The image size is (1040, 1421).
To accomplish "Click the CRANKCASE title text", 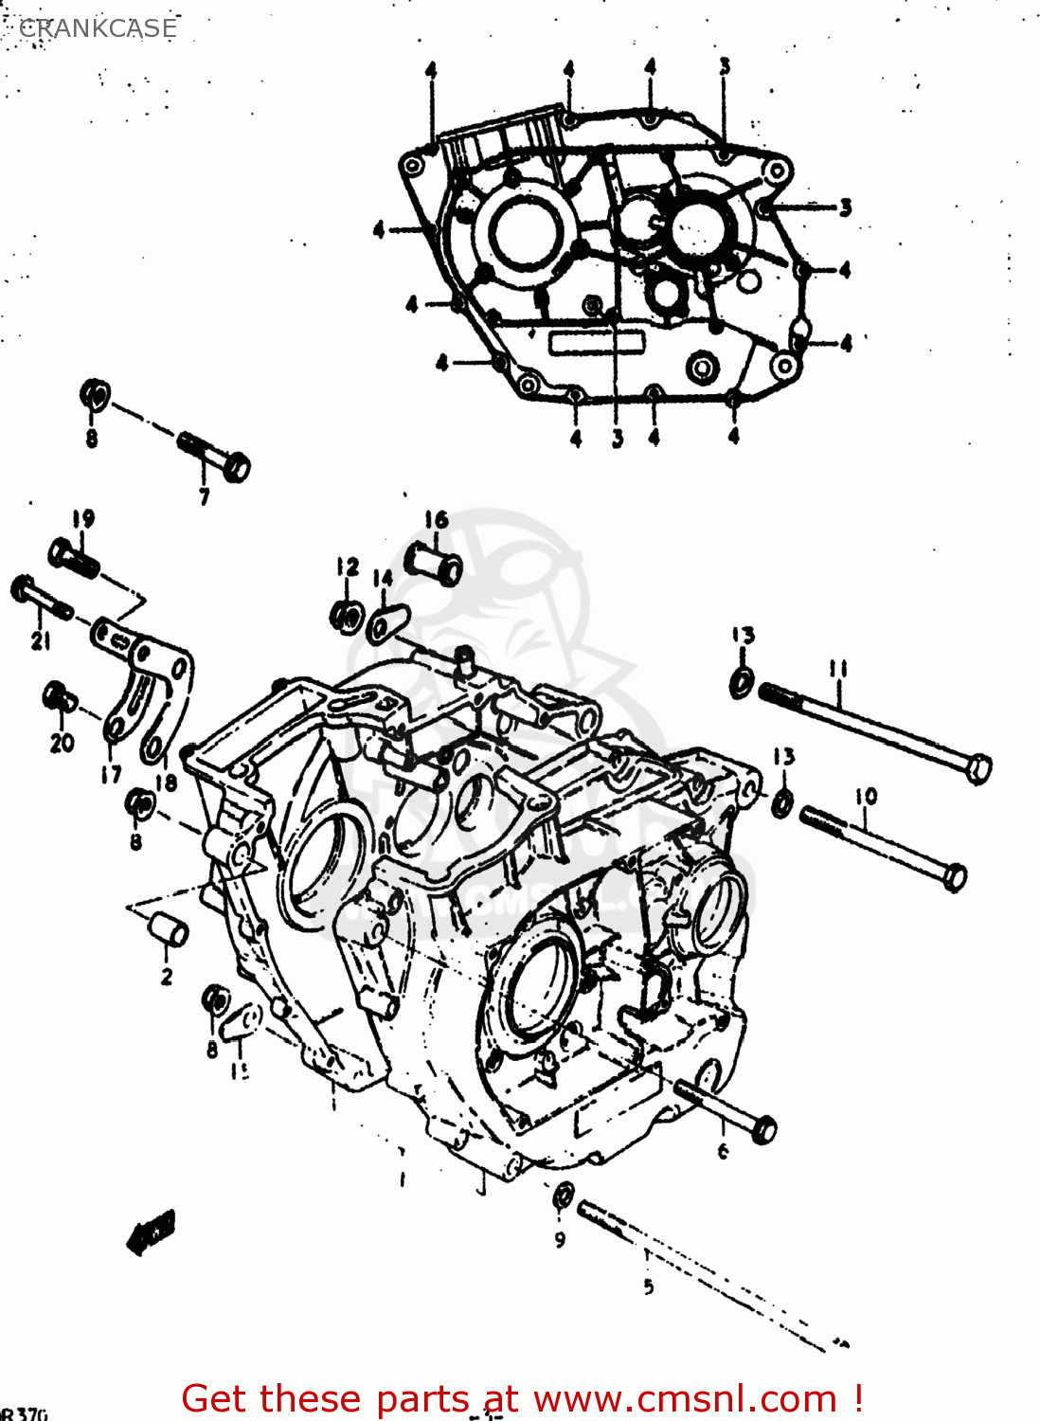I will [98, 28].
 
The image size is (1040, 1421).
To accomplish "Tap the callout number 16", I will [436, 519].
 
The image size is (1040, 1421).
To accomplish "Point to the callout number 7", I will [204, 496].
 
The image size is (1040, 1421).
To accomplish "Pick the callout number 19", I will [83, 519].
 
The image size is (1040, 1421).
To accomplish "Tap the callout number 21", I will [40, 641].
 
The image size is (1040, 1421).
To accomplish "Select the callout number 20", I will [62, 743].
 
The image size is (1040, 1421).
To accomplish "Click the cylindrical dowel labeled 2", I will [168, 930].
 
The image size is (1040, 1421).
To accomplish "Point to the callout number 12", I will [348, 567].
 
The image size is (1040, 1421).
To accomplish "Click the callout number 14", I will [383, 579].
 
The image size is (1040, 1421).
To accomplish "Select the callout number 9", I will [560, 1239].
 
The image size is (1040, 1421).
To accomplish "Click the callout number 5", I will [648, 1286].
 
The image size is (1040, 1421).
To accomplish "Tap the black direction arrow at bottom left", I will [152, 1232].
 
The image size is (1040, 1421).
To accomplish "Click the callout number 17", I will [112, 774].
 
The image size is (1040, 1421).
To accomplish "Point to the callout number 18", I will [167, 782].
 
